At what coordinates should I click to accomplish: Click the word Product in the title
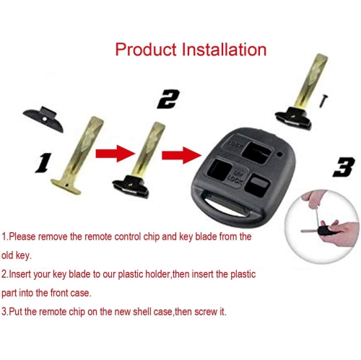(147, 50)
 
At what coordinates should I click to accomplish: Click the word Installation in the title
(224, 50)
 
